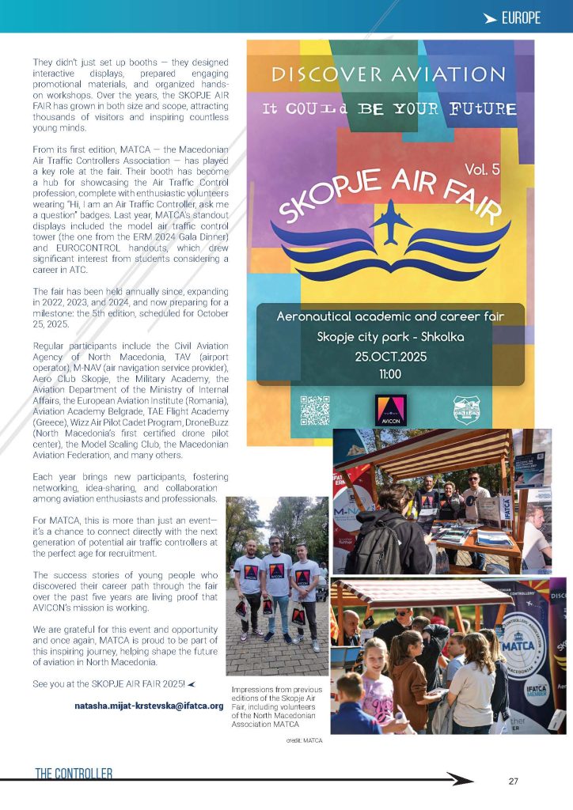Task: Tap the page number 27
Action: pos(514,782)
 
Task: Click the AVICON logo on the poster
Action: pos(389,411)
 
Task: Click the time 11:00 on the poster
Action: pos(390,373)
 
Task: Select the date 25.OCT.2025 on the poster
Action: pos(390,357)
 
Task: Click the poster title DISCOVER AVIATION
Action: pos(388,75)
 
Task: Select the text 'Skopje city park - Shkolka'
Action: pos(390,337)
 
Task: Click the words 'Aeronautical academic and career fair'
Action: pos(390,316)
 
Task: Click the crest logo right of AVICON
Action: pos(469,411)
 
